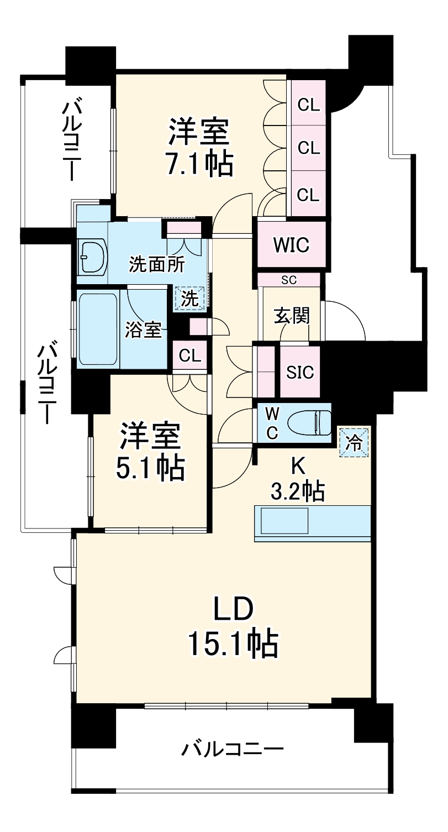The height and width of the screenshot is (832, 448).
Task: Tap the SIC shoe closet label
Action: (300, 372)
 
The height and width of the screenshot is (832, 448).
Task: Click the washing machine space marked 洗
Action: (189, 299)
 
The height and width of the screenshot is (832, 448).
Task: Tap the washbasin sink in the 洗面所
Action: (92, 256)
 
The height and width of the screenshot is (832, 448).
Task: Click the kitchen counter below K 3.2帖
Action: (312, 521)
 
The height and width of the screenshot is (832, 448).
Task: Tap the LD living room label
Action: (233, 610)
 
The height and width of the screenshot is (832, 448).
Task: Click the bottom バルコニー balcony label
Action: (233, 750)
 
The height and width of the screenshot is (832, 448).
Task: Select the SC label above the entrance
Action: (289, 280)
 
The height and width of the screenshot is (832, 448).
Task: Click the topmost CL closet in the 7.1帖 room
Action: (309, 104)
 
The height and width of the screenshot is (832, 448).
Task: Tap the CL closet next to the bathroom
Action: (189, 356)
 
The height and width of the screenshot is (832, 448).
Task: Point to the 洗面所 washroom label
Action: (149, 264)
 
